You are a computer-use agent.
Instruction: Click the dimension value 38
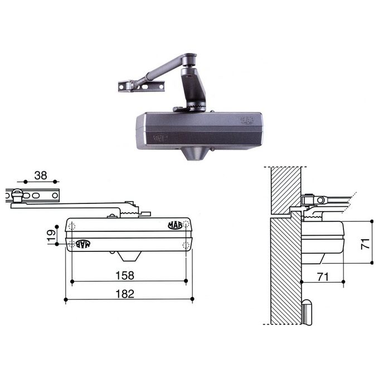coord(41,176)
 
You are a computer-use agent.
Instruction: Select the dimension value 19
coord(51,236)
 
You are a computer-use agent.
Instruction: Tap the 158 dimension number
coord(125,275)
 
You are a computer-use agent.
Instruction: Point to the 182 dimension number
coord(125,294)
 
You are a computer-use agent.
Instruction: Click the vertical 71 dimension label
coord(365,244)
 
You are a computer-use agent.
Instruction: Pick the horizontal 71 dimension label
coord(323,277)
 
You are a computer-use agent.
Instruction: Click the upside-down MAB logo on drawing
coord(83,244)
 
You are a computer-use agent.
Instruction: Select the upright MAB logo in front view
coord(175,225)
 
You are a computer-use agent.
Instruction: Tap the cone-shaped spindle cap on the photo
coord(195,153)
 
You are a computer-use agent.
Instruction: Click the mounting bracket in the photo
coord(141,86)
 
